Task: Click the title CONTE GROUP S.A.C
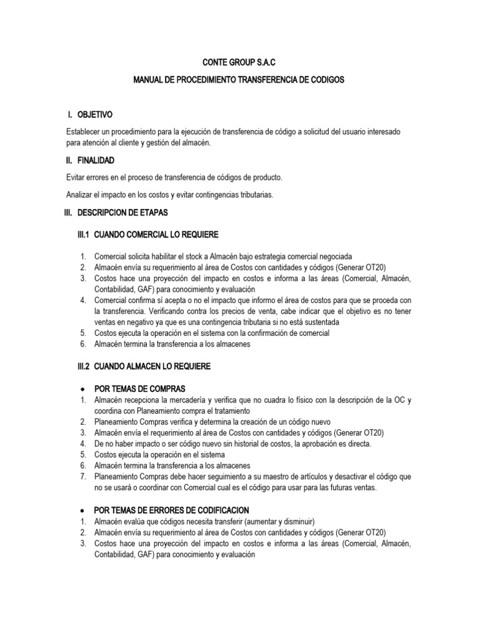239,63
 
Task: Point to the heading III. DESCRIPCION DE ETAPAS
116,213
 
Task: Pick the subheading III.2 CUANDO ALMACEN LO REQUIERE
143,367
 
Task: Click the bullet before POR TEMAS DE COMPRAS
83,388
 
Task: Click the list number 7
82,477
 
